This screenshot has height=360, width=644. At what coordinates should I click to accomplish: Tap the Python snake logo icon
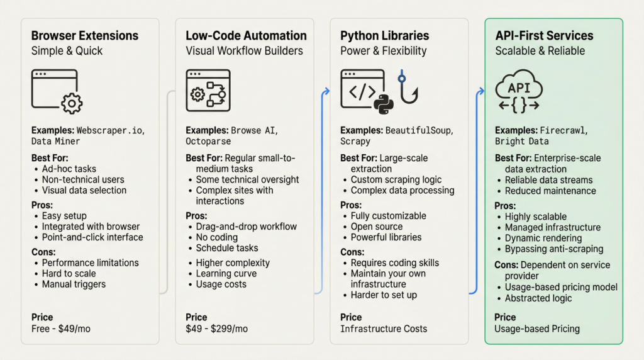click(382, 105)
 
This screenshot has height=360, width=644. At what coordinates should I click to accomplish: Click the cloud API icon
click(519, 92)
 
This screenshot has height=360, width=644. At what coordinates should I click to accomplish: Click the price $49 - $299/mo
click(217, 329)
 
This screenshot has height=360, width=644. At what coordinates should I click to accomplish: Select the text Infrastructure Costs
click(384, 329)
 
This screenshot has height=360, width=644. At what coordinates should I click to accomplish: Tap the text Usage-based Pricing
click(537, 329)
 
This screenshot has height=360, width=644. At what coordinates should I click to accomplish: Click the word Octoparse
click(208, 142)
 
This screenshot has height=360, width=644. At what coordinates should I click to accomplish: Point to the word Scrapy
click(355, 142)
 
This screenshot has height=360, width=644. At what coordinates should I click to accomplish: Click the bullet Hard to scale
click(69, 273)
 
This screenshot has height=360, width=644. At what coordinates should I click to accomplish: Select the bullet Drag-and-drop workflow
click(246, 227)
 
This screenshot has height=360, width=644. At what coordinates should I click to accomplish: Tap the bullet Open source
click(377, 227)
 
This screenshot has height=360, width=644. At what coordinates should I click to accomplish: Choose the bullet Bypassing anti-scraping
click(553, 249)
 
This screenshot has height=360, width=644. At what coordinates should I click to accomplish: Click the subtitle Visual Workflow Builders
click(244, 51)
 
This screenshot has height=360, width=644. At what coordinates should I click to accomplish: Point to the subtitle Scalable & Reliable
click(540, 51)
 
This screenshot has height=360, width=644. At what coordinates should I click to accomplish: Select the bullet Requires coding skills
click(394, 262)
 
